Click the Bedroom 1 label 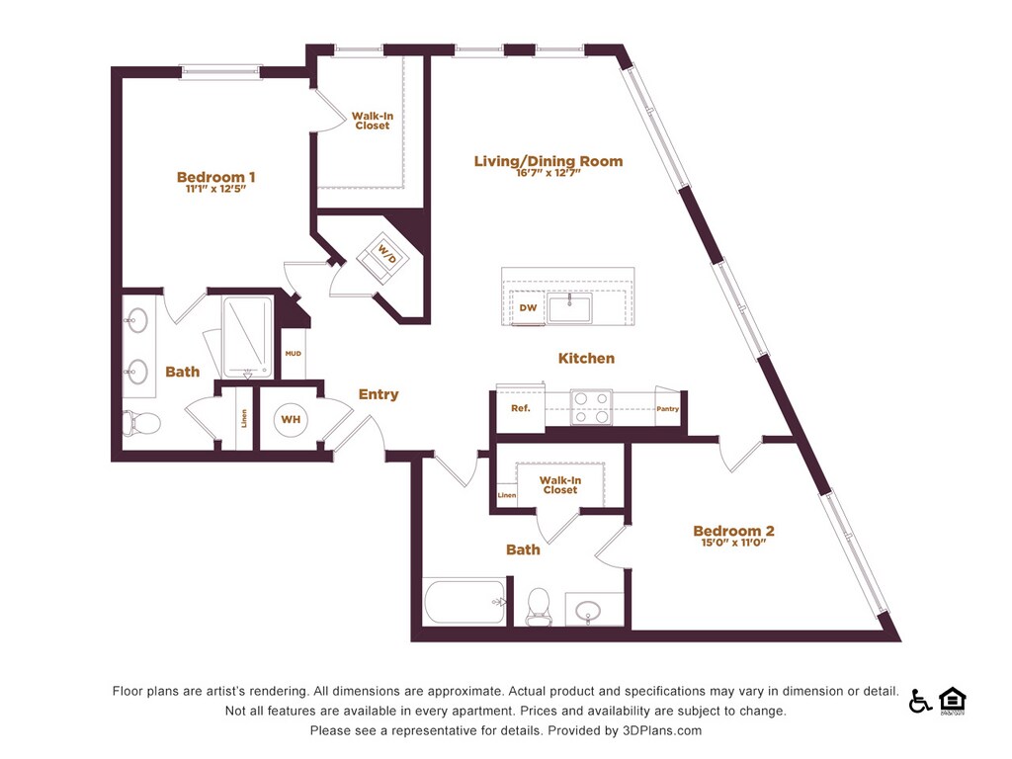tap(216, 178)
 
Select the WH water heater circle tap(291, 420)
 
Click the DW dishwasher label tap(529, 308)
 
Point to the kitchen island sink tap(570, 308)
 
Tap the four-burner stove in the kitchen tap(591, 407)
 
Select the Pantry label tap(667, 409)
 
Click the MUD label tap(293, 353)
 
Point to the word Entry tap(379, 394)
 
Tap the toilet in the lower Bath tap(540, 606)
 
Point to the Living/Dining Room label tap(548, 161)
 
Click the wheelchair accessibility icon tap(920, 701)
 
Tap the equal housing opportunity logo tap(952, 700)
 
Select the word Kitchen tap(586, 358)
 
